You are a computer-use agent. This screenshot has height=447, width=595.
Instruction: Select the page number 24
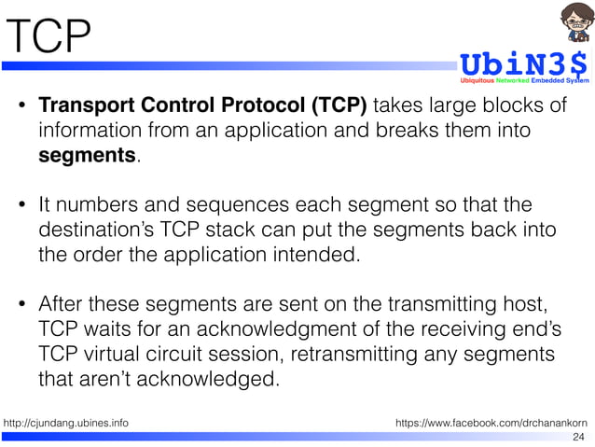pyautogui.click(x=578, y=437)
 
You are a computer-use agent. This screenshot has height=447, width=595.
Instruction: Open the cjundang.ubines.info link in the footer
pyautogui.click(x=66, y=424)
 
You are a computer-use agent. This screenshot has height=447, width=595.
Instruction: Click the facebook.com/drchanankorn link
pyautogui.click(x=491, y=424)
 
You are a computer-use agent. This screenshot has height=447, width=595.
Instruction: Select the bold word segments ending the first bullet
pyautogui.click(x=87, y=155)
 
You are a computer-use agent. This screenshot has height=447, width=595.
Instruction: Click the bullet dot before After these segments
pyautogui.click(x=23, y=306)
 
